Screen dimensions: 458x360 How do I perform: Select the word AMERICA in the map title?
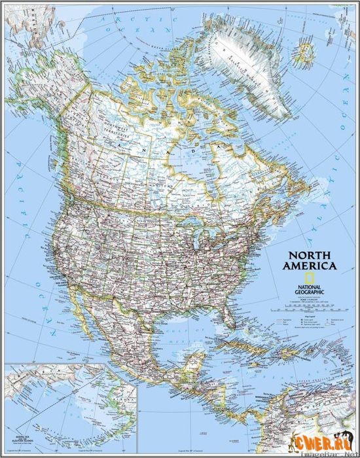(x=310, y=266)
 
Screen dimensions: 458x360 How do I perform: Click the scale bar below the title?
(x=310, y=303)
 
